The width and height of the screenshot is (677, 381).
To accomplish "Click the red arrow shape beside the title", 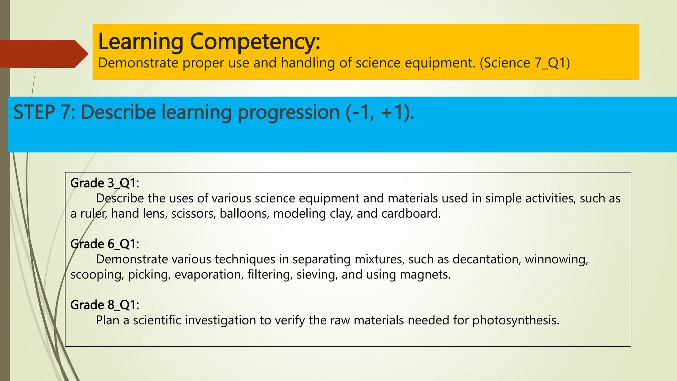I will tap(43, 54).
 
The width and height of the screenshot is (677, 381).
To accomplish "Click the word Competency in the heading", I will tap(255, 42).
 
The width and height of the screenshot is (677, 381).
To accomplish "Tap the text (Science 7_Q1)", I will tap(525, 63).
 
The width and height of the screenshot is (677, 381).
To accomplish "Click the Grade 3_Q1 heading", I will tap(105, 183).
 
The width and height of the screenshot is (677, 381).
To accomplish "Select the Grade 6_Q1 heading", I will tap(105, 244).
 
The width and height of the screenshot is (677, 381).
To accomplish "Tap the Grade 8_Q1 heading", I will tap(105, 305).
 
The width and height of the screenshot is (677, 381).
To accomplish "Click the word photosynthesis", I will tap(515, 320).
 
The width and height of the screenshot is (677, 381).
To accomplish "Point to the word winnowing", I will tap(556, 259).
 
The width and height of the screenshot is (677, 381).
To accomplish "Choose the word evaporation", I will tap(209, 275).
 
